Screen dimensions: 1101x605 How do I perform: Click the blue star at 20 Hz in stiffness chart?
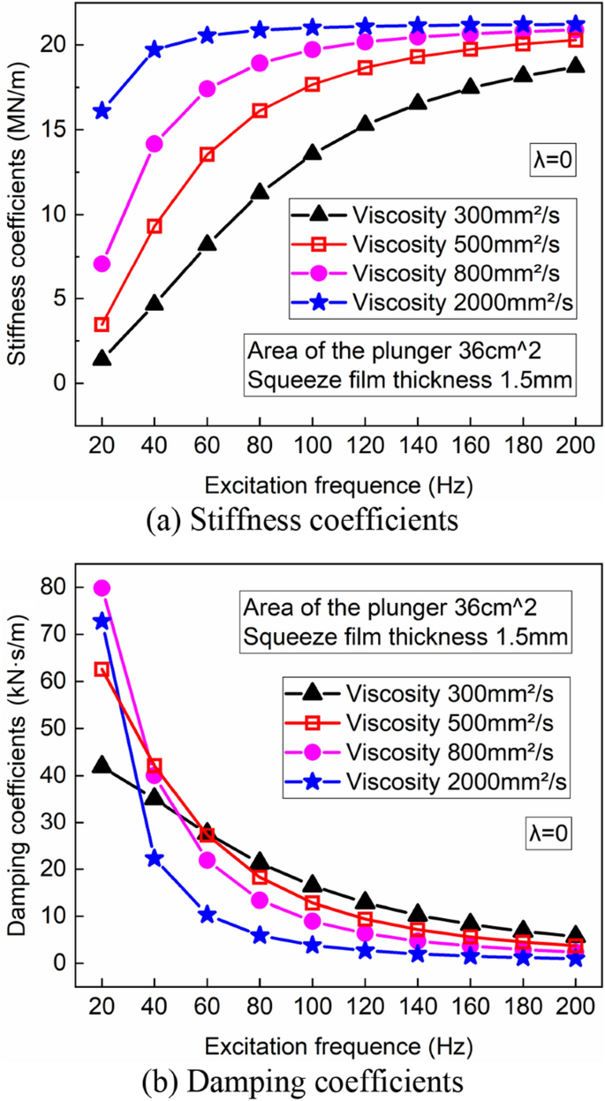click(102, 110)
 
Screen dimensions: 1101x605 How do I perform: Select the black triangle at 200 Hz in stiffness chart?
click(575, 65)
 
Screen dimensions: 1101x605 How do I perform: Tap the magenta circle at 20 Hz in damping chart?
click(102, 588)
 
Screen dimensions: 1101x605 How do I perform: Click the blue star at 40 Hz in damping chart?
click(155, 858)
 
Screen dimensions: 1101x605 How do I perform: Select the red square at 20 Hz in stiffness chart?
click(102, 325)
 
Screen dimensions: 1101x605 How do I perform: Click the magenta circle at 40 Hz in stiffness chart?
click(155, 144)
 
